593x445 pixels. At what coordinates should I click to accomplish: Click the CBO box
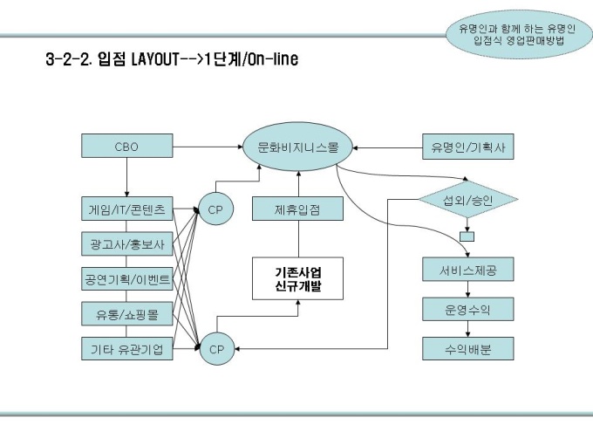(126, 147)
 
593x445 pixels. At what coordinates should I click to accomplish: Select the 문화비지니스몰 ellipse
(298, 147)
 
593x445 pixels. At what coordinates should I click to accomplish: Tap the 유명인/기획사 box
(468, 147)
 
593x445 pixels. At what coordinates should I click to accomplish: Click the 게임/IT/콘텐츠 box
(126, 209)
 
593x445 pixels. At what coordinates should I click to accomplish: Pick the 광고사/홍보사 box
(126, 244)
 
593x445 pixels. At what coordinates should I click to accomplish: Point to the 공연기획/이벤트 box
(126, 279)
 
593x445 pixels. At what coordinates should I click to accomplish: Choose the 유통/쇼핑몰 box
(126, 314)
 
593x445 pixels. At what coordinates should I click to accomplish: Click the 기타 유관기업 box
(126, 350)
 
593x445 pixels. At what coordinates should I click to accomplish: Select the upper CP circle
(215, 209)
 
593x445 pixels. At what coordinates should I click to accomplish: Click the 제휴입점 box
(298, 209)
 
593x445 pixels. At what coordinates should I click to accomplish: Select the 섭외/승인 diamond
(468, 200)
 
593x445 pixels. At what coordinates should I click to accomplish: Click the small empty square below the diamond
(467, 236)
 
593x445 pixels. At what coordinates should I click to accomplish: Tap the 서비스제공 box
(468, 270)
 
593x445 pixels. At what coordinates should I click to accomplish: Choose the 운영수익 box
(468, 310)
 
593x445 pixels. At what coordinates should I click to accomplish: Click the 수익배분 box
(468, 349)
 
